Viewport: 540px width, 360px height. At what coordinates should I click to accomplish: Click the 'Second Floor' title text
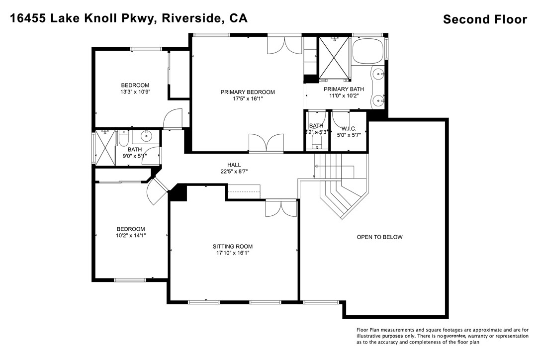(x=485, y=19)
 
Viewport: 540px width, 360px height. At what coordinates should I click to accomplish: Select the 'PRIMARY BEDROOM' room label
(x=248, y=92)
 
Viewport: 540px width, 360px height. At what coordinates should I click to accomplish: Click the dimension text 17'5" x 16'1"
(x=248, y=99)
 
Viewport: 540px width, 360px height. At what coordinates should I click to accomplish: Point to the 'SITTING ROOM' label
(x=233, y=246)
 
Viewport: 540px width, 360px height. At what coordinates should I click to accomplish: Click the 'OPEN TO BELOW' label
(x=379, y=237)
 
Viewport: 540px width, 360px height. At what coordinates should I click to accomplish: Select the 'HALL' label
(x=234, y=165)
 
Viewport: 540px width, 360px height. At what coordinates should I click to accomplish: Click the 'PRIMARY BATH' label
(x=344, y=90)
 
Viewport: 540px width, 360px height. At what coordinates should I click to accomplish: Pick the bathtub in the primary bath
(x=368, y=52)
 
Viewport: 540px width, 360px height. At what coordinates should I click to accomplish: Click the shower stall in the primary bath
(x=334, y=58)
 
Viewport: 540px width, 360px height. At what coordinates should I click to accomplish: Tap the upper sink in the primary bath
(x=379, y=75)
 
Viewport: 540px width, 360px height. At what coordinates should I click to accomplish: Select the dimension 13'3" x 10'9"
(x=135, y=92)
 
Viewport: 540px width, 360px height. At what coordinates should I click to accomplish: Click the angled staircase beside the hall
(x=343, y=194)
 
